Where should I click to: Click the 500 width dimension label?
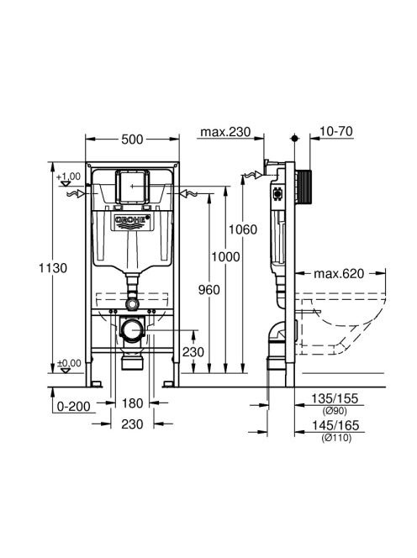pos(132,139)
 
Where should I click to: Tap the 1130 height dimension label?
pos(53,267)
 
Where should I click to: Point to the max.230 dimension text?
pos(225,132)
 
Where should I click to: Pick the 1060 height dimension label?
pos(242,229)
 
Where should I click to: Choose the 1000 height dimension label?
pos(226,256)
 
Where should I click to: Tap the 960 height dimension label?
pos(209,290)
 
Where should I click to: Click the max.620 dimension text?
pos(339,274)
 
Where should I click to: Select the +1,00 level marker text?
pos(68,176)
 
